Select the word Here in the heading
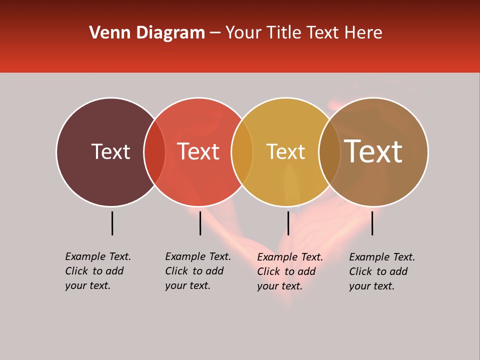[x=364, y=33]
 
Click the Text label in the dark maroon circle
[x=110, y=151]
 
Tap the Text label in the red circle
[x=198, y=151]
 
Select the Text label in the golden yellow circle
[x=285, y=151]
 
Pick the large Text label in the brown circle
[x=373, y=151]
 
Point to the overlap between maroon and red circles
[x=154, y=152]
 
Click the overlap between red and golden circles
[x=242, y=152]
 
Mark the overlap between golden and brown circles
[x=329, y=152]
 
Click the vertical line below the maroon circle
[x=112, y=223]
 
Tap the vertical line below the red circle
[x=200, y=223]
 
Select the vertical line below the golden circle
[x=288, y=223]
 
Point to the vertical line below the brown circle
[x=372, y=223]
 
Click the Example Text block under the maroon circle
[x=98, y=271]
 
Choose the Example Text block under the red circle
[x=198, y=271]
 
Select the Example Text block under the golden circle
[x=290, y=271]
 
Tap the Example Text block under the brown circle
[x=382, y=271]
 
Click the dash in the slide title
[x=215, y=33]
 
